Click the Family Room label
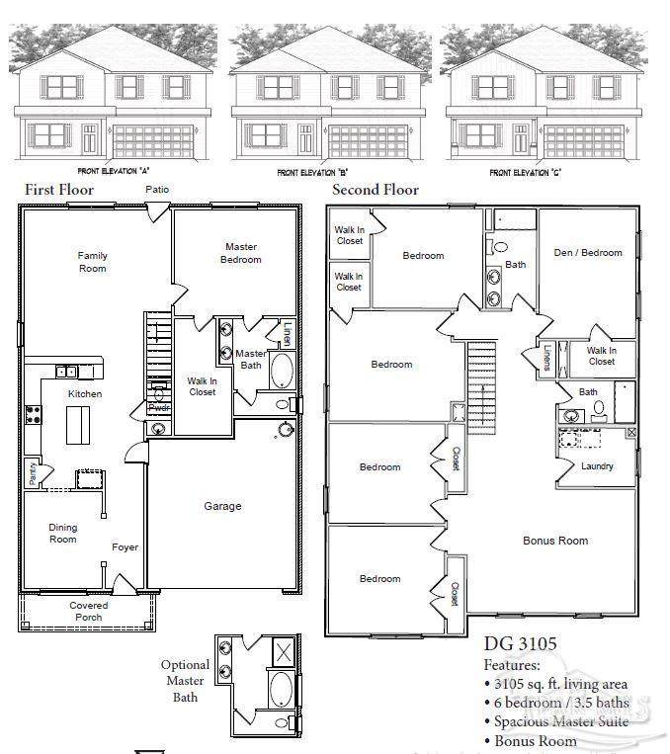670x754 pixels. [x=93, y=262]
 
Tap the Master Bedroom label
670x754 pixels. [x=241, y=253]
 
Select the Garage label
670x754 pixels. [x=222, y=506]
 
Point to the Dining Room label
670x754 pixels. [x=63, y=533]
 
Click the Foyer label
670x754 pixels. [x=125, y=546]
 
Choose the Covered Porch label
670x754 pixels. [x=89, y=612]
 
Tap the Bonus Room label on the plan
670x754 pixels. [x=554, y=541]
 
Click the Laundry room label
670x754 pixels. [x=597, y=466]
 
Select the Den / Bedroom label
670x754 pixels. [x=588, y=253]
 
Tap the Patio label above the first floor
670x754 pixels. [x=156, y=189]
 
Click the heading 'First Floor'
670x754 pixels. [x=59, y=190]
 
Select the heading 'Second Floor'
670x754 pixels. [x=376, y=190]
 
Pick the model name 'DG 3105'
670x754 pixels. [x=520, y=644]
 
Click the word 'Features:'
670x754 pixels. [x=512, y=665]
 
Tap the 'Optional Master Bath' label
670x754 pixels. [x=185, y=681]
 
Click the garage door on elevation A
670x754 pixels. [x=152, y=139]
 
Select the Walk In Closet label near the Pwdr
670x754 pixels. [x=202, y=385]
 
